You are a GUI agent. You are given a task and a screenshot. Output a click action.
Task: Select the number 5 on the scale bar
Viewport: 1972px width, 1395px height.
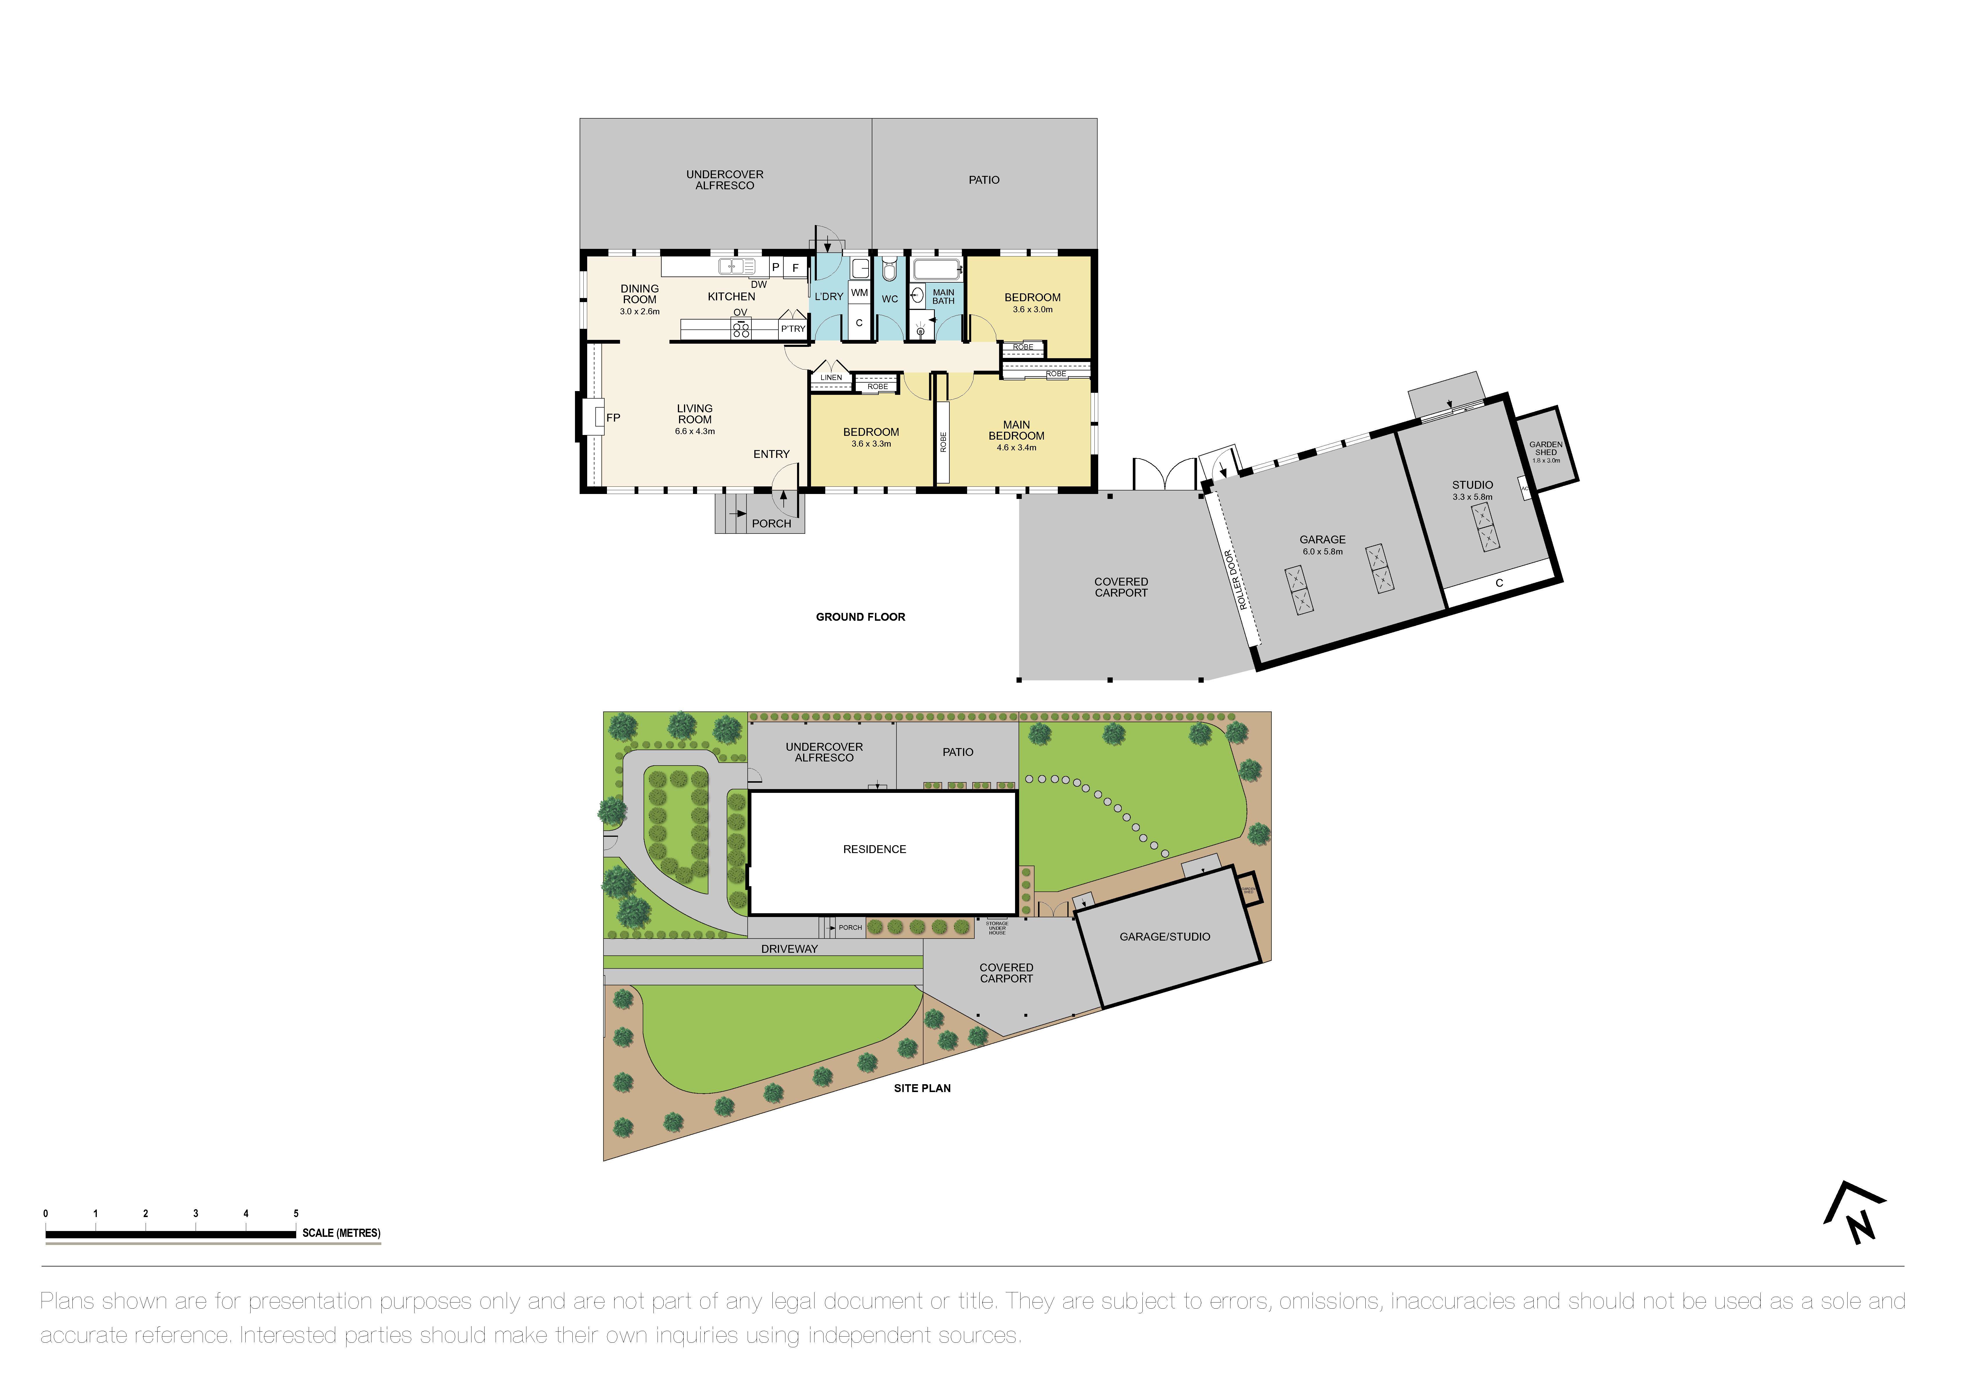[296, 1214]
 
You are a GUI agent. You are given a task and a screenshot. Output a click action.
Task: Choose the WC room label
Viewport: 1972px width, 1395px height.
[890, 299]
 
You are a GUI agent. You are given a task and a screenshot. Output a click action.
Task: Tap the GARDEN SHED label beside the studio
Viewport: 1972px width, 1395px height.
[1546, 448]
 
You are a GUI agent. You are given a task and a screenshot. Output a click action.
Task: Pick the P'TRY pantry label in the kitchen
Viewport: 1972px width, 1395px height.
[793, 329]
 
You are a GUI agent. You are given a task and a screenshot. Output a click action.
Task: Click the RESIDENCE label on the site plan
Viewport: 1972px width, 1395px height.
[874, 850]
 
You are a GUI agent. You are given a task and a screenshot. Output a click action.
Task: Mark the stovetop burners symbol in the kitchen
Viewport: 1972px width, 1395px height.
[740, 328]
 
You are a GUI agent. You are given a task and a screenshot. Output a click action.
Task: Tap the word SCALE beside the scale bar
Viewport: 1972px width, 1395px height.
[318, 1234]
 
